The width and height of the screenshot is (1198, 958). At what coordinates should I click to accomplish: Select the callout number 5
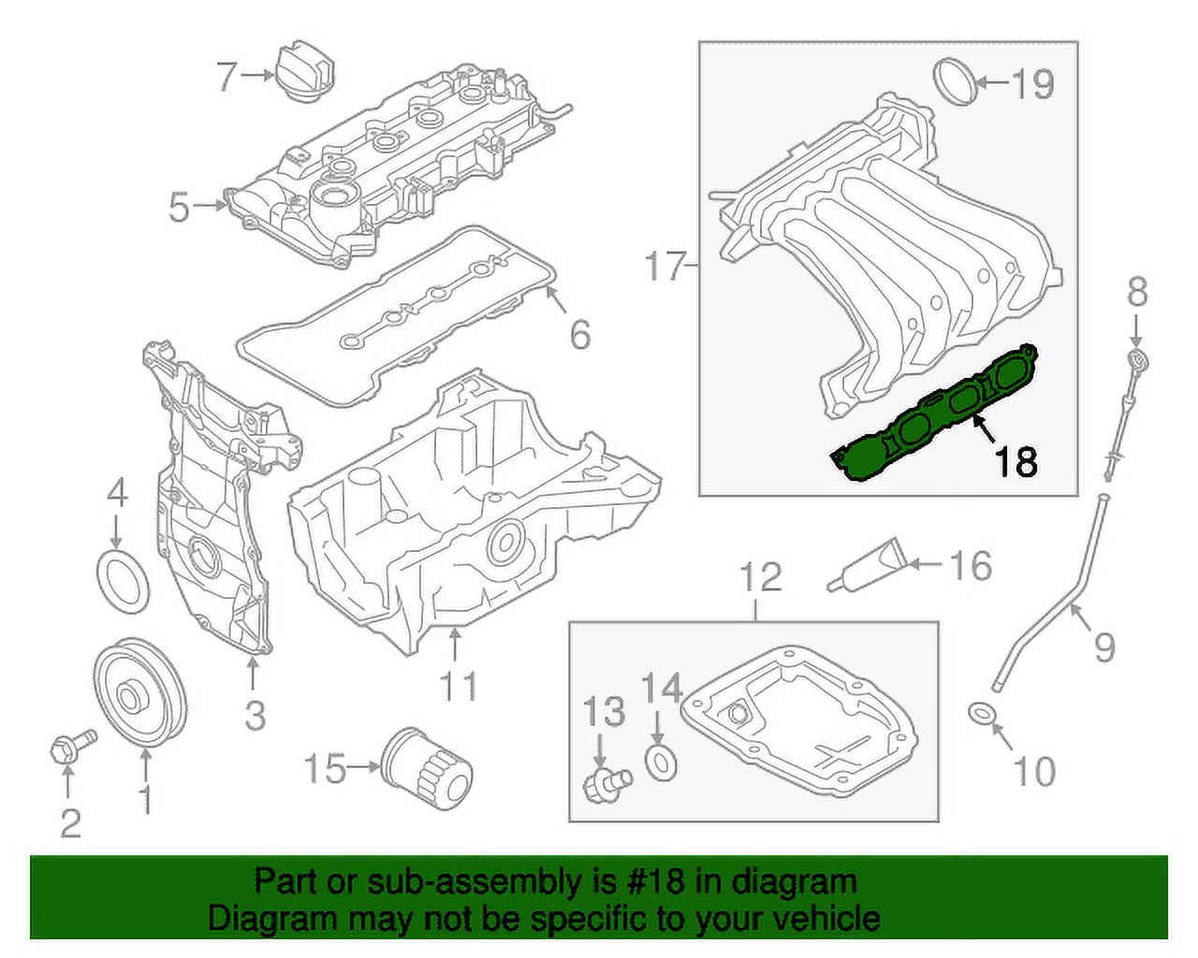[x=179, y=208]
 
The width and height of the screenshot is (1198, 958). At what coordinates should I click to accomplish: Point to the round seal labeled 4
[x=124, y=581]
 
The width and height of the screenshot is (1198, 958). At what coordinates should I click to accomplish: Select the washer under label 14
[x=662, y=761]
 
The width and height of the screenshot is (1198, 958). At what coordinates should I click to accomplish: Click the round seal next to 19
[x=955, y=82]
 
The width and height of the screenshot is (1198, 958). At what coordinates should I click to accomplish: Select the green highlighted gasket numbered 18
[x=936, y=412]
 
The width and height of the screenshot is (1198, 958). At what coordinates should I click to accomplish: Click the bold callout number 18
[x=1016, y=460]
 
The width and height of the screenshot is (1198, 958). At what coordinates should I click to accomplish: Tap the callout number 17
[x=665, y=268]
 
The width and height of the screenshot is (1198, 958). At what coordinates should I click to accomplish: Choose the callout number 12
[x=760, y=577]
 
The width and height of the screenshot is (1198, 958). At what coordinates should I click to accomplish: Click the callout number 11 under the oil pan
[x=459, y=686]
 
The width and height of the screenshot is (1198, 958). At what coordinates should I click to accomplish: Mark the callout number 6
[x=580, y=334]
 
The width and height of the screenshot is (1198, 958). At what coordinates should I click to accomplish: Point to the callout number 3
[x=256, y=716]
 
